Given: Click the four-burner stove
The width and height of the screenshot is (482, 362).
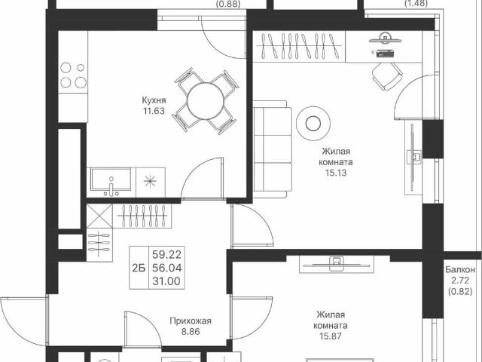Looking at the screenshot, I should [72, 74].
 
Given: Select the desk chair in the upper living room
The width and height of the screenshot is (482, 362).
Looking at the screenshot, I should [386, 75].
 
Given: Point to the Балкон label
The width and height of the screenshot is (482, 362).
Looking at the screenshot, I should [460, 269].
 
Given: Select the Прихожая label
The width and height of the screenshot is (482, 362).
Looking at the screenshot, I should [190, 321].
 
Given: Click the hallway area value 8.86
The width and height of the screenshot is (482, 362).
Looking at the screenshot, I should [190, 332].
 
